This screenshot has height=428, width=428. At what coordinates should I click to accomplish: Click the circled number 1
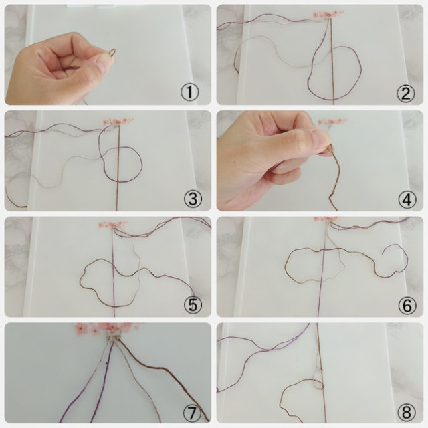[x=190, y=93]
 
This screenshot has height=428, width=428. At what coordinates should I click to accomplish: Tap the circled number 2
[x=406, y=93]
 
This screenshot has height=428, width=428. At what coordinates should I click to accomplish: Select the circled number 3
[x=193, y=199]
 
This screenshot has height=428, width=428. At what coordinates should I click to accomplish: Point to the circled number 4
[x=407, y=199]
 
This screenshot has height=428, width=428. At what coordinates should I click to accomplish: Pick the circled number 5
[x=193, y=305]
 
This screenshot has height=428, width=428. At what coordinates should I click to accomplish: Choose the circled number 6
[x=407, y=305]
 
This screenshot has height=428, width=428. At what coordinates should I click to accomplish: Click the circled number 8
[x=407, y=411]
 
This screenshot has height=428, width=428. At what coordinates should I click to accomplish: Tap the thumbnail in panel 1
[x=102, y=62]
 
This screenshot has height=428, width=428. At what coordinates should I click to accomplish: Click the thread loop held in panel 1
[x=112, y=52]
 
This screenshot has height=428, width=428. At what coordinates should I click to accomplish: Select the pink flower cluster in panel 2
[x=328, y=14]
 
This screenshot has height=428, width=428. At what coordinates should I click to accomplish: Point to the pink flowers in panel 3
[x=118, y=122]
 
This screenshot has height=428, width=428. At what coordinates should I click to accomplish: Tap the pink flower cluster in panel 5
[x=113, y=225]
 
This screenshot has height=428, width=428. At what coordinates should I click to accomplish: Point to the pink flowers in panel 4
[x=334, y=122]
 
